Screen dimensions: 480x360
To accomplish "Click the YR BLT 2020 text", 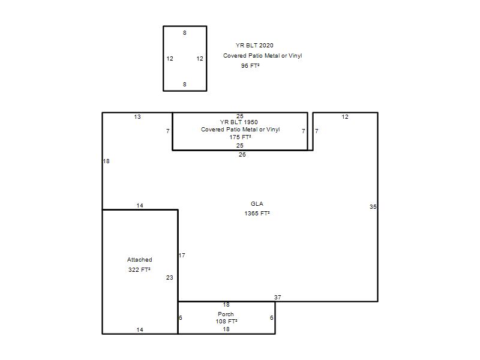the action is [x=254, y=46].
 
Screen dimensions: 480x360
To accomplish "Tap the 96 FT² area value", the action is [x=250, y=65].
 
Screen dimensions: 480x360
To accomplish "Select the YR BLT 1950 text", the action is [x=239, y=122].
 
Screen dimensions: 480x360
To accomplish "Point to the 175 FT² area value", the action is [x=241, y=137].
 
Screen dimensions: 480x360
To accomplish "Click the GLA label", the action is [x=257, y=204].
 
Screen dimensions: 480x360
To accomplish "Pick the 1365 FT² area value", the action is [x=257, y=214].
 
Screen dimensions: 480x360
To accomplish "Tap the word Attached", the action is [x=140, y=260].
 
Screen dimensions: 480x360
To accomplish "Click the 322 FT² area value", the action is [x=139, y=269].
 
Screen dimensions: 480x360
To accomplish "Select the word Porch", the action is [x=226, y=314].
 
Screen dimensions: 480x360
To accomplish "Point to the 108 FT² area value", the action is [x=226, y=322].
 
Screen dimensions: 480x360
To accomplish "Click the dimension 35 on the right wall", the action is [x=373, y=206].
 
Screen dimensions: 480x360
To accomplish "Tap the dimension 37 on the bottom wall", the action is [x=278, y=297].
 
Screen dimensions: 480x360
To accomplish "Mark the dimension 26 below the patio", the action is [x=242, y=155].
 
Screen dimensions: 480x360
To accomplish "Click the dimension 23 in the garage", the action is [x=170, y=278].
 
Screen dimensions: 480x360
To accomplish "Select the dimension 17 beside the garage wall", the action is [x=182, y=256].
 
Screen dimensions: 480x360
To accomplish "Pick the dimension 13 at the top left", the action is [x=137, y=116].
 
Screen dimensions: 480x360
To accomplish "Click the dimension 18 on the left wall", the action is [x=106, y=161].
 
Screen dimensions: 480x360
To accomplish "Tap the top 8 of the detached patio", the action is [x=185, y=33].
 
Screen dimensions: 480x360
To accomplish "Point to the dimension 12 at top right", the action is [x=345, y=116].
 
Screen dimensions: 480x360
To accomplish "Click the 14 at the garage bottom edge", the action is [x=140, y=329].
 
